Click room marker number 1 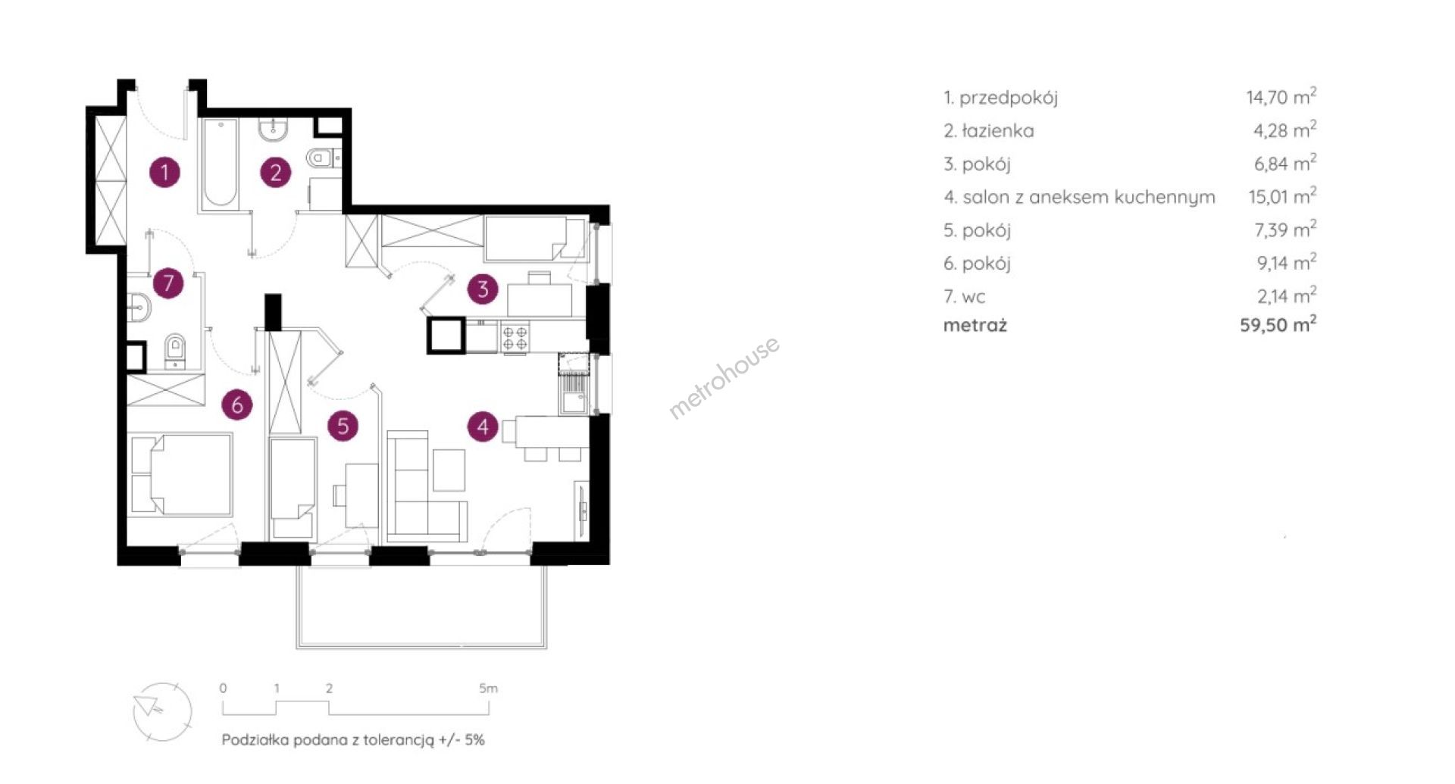pos(164,172)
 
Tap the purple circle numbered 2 pos(275,172)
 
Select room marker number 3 pos(483,289)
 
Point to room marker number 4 pos(483,426)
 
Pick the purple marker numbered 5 pos(343,426)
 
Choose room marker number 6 pos(237,405)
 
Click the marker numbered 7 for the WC pos(167,283)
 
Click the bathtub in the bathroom pos(220,164)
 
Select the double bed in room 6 pos(180,474)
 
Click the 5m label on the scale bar pos(488,689)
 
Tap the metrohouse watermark pos(724,377)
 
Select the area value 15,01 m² pos(1282,196)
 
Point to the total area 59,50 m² pos(1278,324)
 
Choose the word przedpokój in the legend pos(1009,98)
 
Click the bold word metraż pos(975,326)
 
